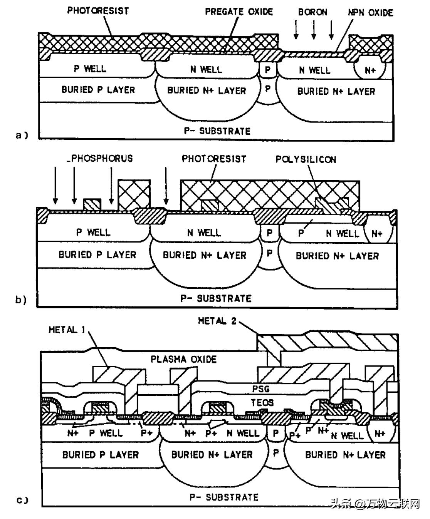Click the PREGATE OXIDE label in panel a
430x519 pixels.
pyautogui.click(x=239, y=12)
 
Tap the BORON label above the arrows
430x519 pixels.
pyautogui.click(x=312, y=12)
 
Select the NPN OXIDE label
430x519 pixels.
pyautogui.click(x=371, y=13)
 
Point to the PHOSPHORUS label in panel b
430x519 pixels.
pyautogui.click(x=101, y=158)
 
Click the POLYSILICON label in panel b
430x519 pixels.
pyautogui.click(x=306, y=159)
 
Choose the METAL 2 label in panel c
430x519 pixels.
pyautogui.click(x=217, y=321)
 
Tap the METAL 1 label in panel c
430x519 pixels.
pyautogui.click(x=67, y=330)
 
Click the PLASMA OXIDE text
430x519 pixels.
pyautogui.click(x=183, y=359)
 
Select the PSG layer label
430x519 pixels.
pyautogui.click(x=260, y=389)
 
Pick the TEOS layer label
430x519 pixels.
pyautogui.click(x=262, y=403)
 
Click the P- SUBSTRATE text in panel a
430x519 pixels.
pyautogui.click(x=217, y=131)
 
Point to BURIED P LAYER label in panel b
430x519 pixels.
pyautogui.click(x=97, y=255)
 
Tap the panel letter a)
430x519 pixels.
pyautogui.click(x=22, y=135)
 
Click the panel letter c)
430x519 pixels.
pyautogui.click(x=22, y=501)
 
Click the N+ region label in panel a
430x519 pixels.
pyautogui.click(x=370, y=70)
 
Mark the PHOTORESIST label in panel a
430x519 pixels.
pyautogui.click(x=98, y=10)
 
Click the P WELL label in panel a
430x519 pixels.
pyautogui.click(x=90, y=69)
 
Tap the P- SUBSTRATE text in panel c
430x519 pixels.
pyautogui.click(x=224, y=497)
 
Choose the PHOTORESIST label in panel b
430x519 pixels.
pyautogui.click(x=214, y=159)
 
